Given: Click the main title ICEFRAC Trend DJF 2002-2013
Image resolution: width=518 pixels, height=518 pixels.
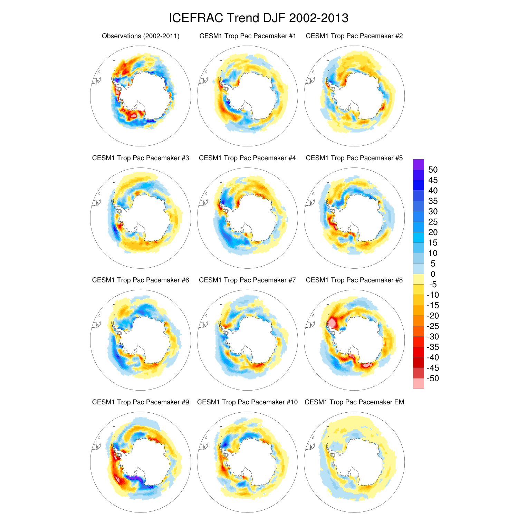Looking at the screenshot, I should (x=259, y=18).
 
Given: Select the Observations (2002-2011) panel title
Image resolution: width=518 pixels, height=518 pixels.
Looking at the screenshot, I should (x=141, y=36).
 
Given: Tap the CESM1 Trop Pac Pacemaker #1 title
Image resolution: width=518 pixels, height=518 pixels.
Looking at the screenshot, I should (x=248, y=36).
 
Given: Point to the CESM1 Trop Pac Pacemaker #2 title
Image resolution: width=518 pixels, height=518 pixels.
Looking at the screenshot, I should (x=354, y=36).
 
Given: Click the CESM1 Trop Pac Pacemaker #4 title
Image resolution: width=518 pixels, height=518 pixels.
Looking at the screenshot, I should (x=247, y=158).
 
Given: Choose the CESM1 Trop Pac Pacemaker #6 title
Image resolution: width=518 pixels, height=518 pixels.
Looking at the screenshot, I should (x=141, y=280).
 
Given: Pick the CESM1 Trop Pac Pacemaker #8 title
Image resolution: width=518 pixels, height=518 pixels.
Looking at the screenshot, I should (x=354, y=280).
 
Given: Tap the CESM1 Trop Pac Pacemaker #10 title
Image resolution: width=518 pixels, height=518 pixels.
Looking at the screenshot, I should (x=247, y=402).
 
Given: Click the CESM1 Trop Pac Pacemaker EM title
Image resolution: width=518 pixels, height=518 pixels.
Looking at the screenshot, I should (x=354, y=402).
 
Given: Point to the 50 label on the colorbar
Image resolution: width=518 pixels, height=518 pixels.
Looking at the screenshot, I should (x=433, y=170).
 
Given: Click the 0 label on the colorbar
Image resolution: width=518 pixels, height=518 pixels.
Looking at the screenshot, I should (x=433, y=274).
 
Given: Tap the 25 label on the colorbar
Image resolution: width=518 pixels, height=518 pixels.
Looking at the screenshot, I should (x=433, y=222).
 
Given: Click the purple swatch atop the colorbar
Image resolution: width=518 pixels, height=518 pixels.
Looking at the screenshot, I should (x=419, y=164).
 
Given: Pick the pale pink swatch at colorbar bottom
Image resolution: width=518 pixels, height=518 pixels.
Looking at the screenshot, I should (x=419, y=384).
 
